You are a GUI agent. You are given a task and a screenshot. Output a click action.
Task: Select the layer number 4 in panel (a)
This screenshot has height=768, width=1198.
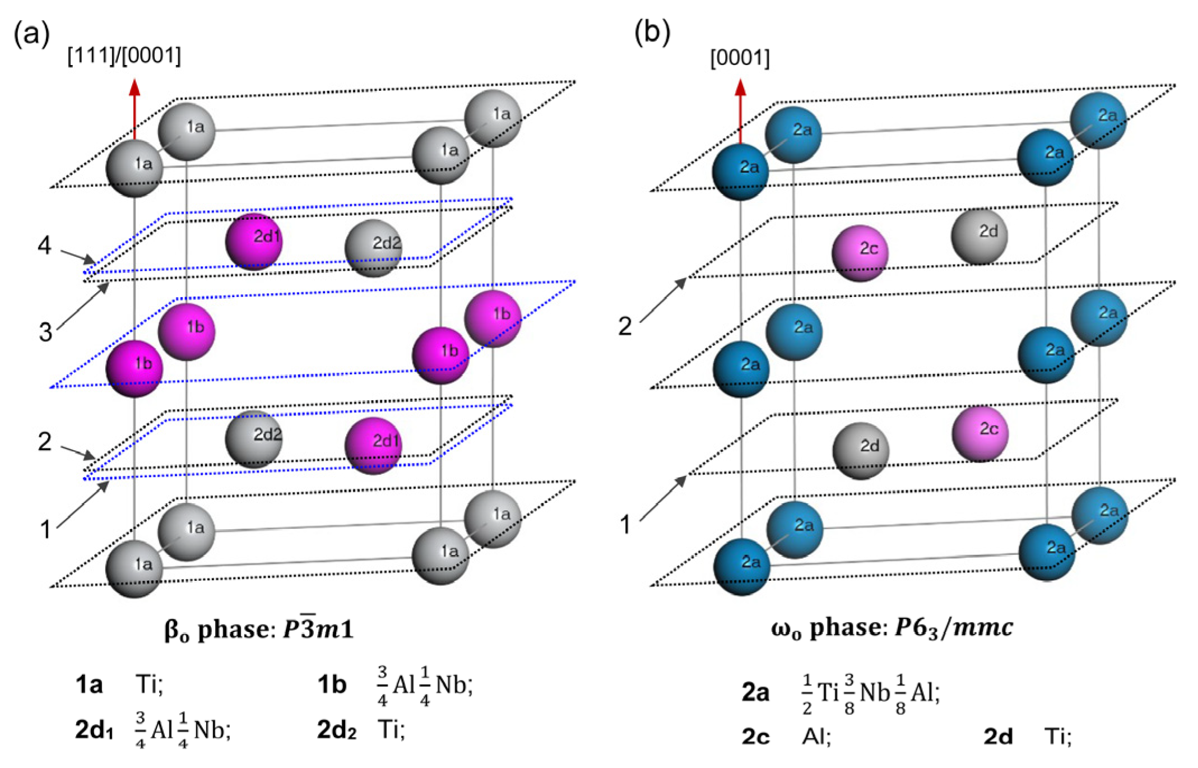(x=45, y=246)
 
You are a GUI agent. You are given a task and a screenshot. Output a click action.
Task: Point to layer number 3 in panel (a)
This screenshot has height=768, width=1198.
(x=45, y=332)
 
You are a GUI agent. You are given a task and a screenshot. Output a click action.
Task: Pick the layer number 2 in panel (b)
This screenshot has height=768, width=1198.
(x=625, y=326)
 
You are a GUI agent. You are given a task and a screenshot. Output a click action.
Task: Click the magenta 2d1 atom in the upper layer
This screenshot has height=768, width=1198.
(x=254, y=242)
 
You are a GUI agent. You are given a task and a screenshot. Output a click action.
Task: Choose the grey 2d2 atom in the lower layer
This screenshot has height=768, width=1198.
(x=254, y=439)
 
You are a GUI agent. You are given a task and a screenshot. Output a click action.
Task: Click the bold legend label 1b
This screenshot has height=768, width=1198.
(x=332, y=685)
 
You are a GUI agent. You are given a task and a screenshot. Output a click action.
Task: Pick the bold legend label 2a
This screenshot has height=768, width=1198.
(x=755, y=693)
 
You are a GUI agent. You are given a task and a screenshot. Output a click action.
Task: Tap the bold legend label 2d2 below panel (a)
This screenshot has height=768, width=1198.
(x=336, y=730)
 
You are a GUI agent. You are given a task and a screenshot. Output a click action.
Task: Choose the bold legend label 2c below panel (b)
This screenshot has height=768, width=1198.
(x=755, y=736)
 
